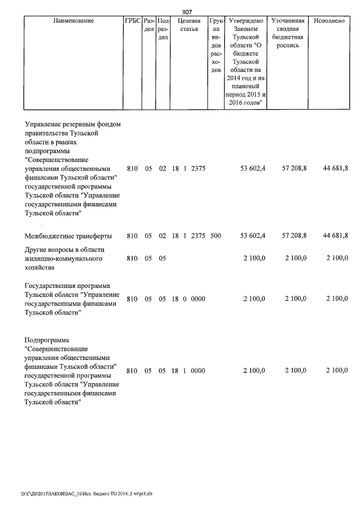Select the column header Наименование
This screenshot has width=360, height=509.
(x=74, y=21)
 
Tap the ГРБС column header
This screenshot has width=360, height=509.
(x=132, y=21)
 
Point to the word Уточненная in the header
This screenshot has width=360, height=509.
(x=288, y=21)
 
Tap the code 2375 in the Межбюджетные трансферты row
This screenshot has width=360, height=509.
(x=199, y=235)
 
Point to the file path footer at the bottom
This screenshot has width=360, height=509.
(x=87, y=494)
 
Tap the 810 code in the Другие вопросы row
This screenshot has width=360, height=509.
(x=132, y=259)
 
